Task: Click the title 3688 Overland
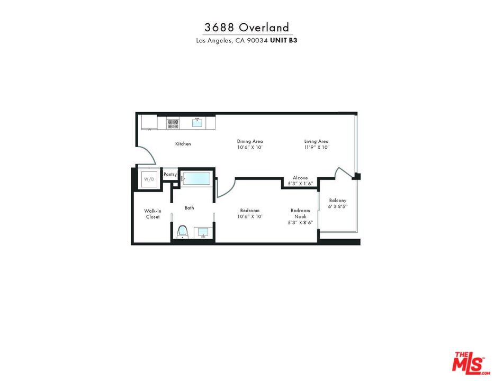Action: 247,28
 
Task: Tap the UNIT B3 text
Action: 284,40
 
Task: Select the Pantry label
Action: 170,174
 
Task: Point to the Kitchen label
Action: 183,144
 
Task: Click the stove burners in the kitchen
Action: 173,123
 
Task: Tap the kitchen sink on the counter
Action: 197,123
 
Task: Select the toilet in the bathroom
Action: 182,232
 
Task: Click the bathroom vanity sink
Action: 203,232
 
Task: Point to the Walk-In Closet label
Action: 152,214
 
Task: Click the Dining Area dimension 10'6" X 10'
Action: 250,148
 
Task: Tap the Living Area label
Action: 316,141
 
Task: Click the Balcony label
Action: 337,200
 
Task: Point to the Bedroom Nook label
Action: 300,214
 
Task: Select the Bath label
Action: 189,208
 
